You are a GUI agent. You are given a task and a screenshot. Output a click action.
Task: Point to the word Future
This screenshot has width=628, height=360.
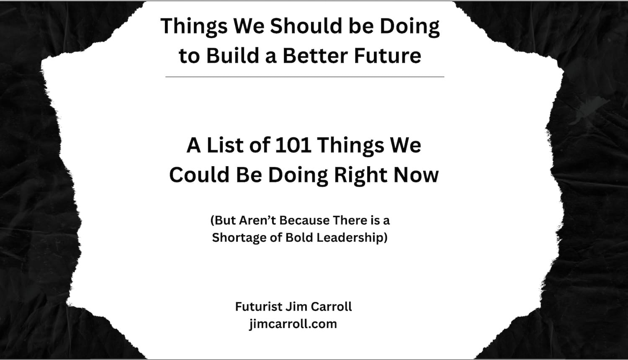click(x=388, y=56)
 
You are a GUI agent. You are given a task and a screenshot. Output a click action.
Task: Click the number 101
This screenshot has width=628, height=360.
click(x=293, y=145)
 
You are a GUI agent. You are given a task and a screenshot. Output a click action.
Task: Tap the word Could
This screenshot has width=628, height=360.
click(x=199, y=175)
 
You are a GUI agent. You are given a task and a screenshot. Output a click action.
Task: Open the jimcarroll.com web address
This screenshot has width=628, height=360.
click(x=293, y=324)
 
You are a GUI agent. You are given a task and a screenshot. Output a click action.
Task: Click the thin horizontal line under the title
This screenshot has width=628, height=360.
click(x=305, y=77)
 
